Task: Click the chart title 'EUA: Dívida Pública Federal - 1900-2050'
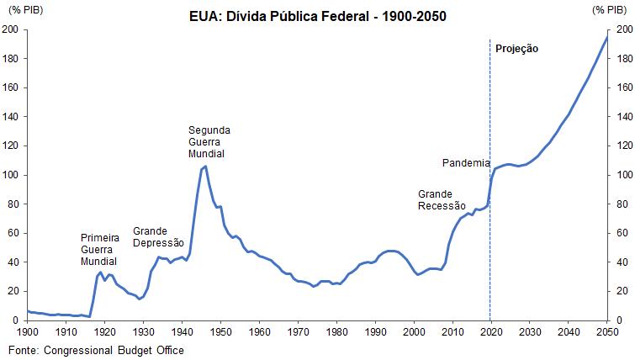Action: (317, 16)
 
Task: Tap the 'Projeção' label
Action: (516, 49)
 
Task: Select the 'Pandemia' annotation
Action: (467, 162)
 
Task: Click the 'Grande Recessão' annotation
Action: (441, 199)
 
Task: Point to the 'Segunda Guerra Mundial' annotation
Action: (209, 143)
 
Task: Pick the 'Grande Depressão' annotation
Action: (162, 237)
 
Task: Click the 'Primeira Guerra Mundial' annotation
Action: (99, 250)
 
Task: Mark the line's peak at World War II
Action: (205, 167)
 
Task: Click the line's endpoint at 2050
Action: (607, 37)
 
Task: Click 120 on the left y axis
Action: (11, 146)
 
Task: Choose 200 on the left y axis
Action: (11, 29)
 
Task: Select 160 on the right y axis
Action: (623, 87)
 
